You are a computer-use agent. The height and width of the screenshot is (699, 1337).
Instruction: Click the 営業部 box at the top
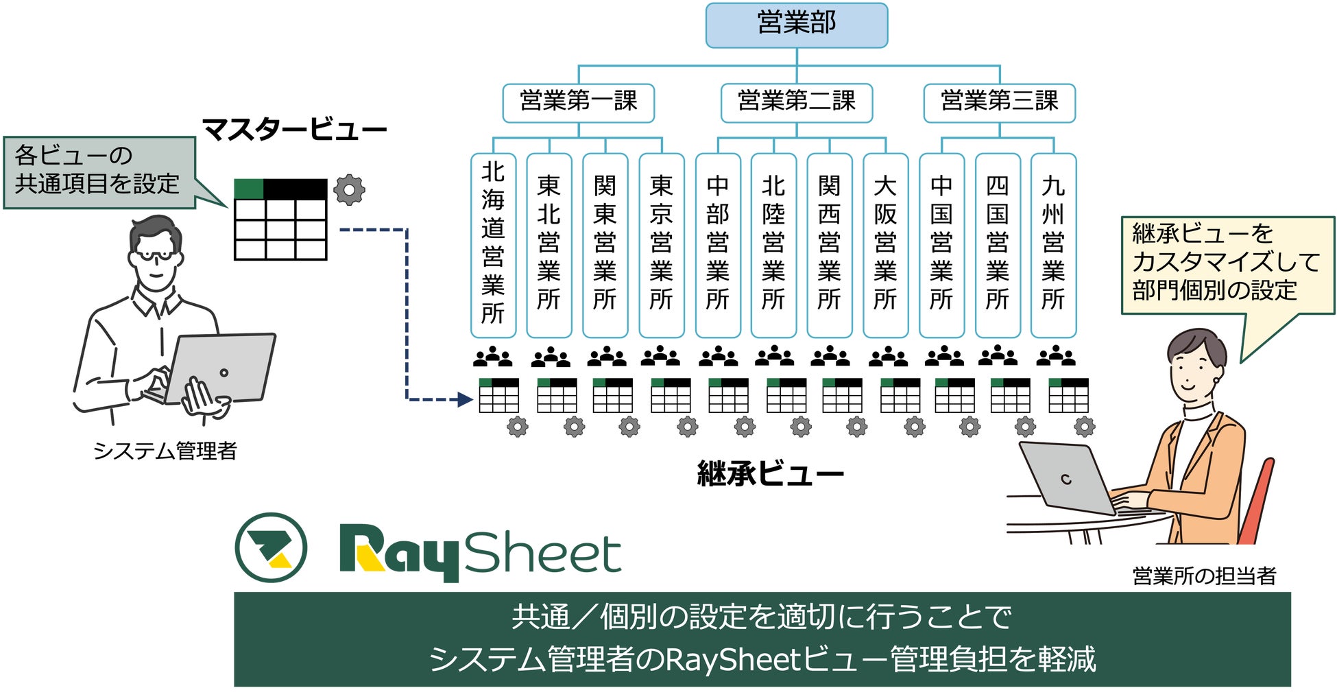[796, 25]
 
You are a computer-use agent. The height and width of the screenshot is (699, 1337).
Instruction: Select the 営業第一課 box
[578, 102]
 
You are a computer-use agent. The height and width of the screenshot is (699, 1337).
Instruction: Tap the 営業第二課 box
[796, 102]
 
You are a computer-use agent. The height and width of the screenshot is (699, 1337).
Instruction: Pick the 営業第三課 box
[999, 102]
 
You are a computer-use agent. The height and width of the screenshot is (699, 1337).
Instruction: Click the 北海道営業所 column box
[493, 245]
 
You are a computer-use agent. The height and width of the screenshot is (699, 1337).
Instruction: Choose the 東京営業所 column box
[661, 245]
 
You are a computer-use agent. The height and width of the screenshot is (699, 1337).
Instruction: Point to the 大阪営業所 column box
[885, 245]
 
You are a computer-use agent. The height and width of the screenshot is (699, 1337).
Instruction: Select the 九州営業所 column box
[1053, 245]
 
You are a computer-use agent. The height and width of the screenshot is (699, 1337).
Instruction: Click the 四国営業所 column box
[997, 245]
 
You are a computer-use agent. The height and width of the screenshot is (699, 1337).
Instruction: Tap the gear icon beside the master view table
[349, 190]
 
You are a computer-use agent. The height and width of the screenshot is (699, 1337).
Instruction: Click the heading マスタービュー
[294, 130]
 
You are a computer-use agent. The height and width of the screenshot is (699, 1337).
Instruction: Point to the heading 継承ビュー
[770, 474]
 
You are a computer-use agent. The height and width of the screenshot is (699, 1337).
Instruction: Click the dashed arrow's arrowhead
[466, 399]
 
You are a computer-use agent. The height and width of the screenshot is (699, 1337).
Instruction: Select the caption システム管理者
[165, 451]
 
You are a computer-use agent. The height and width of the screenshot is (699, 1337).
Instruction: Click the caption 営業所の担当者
[1204, 576]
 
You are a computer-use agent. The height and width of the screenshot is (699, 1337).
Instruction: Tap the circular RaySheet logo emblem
[271, 547]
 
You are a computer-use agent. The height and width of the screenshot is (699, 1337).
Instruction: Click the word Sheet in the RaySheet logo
[542, 552]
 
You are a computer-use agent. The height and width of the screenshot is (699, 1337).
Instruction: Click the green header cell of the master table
[248, 189]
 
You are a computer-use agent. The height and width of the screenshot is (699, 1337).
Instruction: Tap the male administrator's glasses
[157, 254]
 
